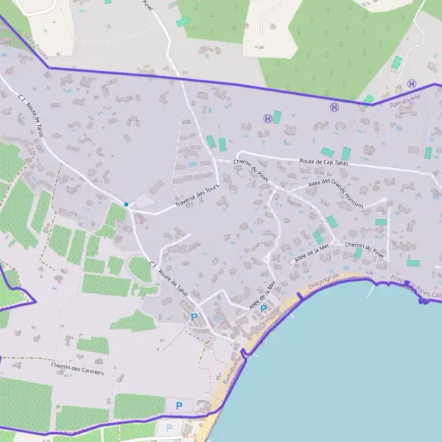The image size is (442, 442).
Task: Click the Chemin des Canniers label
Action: click(x=77, y=368)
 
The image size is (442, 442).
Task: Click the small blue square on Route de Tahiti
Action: click(x=127, y=204)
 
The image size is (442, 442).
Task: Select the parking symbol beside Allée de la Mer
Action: click(x=263, y=309)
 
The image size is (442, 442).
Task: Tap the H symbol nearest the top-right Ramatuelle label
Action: click(x=411, y=83)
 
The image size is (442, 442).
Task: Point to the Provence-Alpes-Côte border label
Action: click(x=416, y=287)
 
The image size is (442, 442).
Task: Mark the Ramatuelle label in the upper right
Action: click(x=404, y=99)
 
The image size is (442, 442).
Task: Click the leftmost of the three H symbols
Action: click(x=266, y=118)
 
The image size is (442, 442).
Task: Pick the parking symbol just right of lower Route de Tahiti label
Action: click(x=194, y=317)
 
